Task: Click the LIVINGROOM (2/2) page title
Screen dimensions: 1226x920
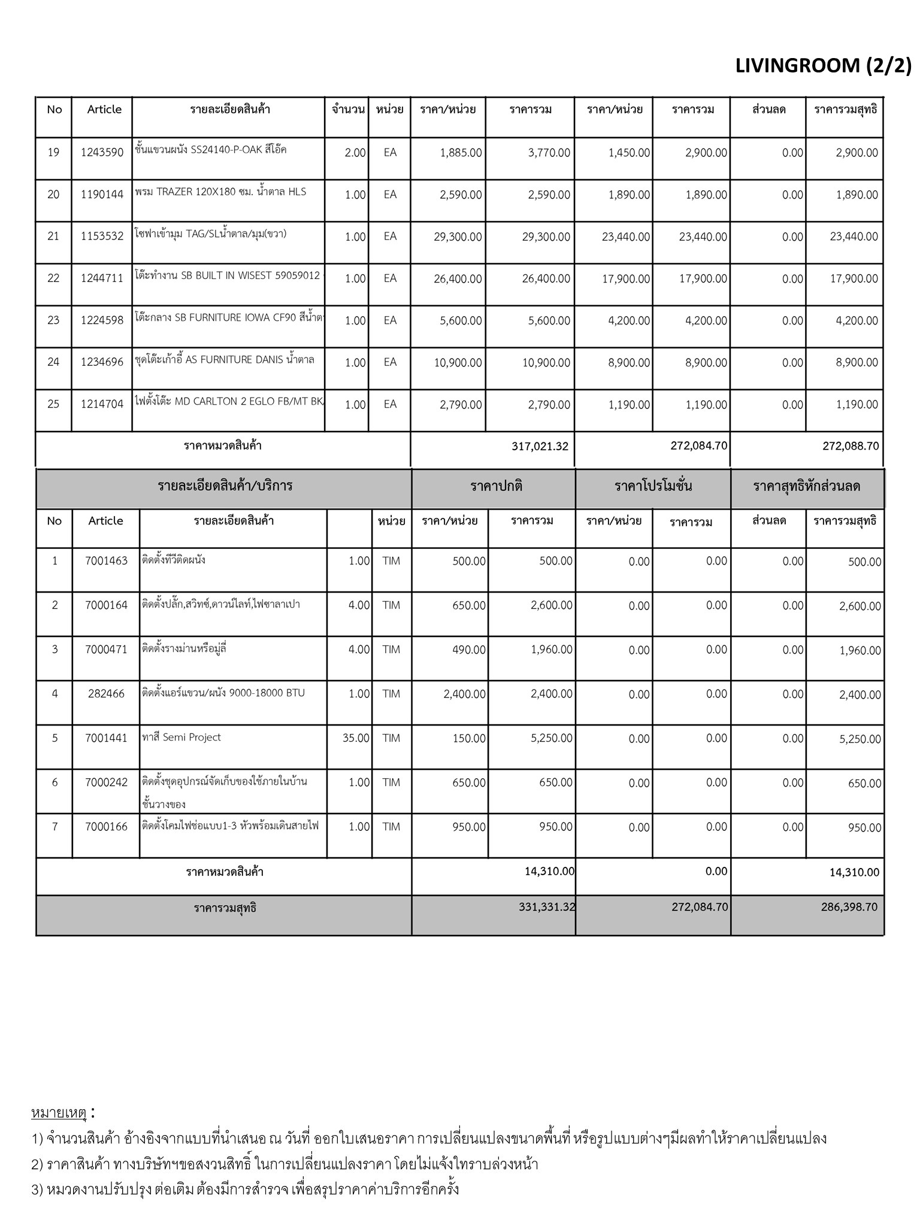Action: click(x=822, y=66)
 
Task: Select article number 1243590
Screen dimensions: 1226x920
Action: click(x=102, y=153)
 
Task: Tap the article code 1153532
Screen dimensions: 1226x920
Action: click(x=102, y=236)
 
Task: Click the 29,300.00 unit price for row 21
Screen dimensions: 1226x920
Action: click(x=458, y=237)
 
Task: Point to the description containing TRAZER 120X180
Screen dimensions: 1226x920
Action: click(x=220, y=192)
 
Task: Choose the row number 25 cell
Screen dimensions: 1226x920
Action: click(x=53, y=404)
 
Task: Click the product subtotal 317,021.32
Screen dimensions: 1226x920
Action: click(x=540, y=446)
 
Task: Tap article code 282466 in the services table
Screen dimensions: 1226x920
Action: click(x=106, y=694)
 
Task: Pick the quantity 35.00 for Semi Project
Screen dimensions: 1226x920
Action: click(x=356, y=738)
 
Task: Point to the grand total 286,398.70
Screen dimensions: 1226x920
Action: click(x=849, y=907)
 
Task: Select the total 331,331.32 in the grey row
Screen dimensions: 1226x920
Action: click(x=546, y=907)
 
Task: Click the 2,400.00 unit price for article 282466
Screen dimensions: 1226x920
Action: click(x=464, y=694)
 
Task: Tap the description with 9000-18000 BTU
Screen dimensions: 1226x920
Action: click(x=223, y=693)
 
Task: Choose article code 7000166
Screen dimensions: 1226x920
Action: click(x=106, y=827)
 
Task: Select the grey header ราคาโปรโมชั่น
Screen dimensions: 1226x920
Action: click(x=653, y=486)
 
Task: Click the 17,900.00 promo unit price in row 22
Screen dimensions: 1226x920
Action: click(x=625, y=279)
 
